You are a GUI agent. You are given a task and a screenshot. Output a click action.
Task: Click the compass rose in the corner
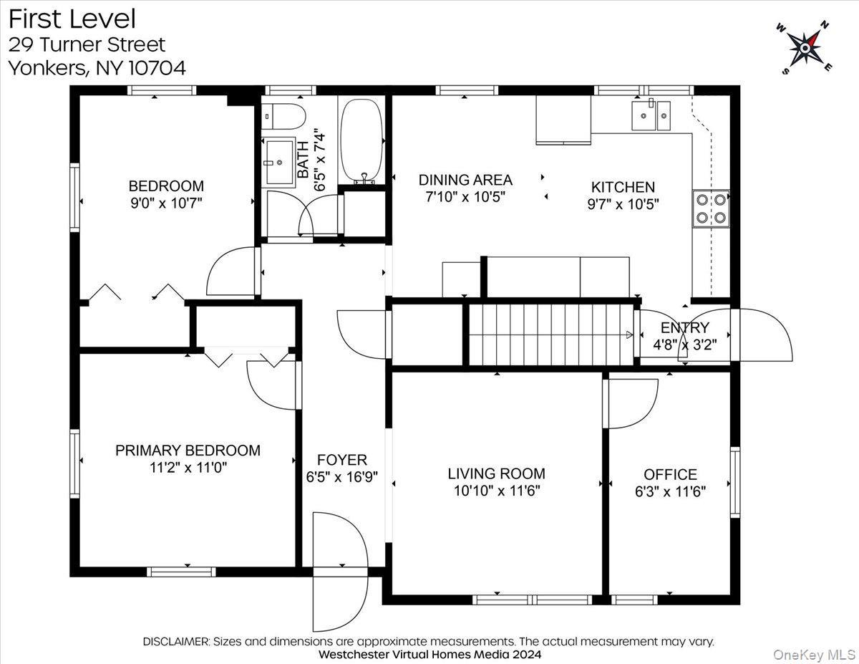[805, 47]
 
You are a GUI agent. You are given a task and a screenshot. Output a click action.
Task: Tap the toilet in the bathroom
[283, 115]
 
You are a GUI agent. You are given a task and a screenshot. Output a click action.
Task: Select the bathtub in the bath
[362, 140]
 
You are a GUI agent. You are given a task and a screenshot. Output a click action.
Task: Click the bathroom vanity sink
[279, 162]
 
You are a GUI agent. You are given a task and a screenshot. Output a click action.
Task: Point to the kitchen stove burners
[710, 208]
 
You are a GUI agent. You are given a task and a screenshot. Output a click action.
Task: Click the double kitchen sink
[651, 116]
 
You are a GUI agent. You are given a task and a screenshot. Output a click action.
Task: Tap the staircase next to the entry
[551, 335]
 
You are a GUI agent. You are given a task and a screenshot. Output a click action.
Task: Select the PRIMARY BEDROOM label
[188, 451]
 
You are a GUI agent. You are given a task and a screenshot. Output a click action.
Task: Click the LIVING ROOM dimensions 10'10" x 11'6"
[496, 491]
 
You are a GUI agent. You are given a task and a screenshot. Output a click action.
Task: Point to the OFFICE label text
[670, 474]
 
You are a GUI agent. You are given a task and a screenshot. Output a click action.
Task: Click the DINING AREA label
[465, 180]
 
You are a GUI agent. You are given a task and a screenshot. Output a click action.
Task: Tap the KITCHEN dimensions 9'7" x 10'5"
[622, 203]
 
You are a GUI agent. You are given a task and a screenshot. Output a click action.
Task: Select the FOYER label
[341, 460]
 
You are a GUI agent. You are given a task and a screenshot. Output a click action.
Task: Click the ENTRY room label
[684, 327]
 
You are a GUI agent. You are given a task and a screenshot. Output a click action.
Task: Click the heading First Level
[72, 19]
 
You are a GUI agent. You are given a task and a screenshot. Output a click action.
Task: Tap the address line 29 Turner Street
[87, 44]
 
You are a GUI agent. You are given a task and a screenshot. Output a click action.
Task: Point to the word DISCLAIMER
[176, 642]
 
